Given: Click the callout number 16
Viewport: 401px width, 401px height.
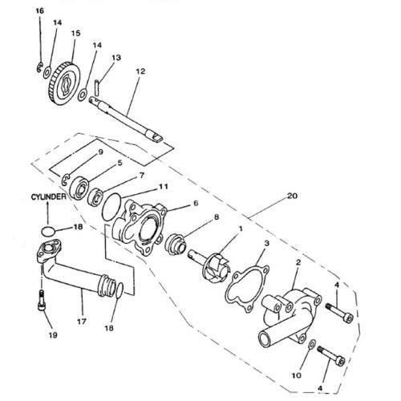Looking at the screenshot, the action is tap(39, 11).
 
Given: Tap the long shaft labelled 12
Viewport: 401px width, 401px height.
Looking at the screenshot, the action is tap(126, 118).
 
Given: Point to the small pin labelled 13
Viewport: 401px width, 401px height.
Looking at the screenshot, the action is tap(97, 87).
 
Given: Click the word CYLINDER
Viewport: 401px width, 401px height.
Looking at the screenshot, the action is tap(48, 197).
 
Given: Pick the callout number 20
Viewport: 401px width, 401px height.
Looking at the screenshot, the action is tap(292, 196).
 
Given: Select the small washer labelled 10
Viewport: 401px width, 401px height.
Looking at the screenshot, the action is tap(311, 345).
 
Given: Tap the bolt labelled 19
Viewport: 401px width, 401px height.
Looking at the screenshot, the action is tap(42, 300).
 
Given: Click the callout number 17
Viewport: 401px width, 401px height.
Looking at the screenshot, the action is tap(82, 321).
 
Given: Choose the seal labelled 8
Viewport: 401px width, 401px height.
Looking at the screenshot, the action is tap(175, 242).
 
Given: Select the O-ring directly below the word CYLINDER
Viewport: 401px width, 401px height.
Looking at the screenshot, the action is tap(48, 231).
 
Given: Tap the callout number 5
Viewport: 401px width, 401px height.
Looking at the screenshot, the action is tap(119, 163).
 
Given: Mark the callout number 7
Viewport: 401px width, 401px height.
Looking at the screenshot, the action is tap(141, 175).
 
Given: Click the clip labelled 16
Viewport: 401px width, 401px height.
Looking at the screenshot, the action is tap(38, 67).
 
